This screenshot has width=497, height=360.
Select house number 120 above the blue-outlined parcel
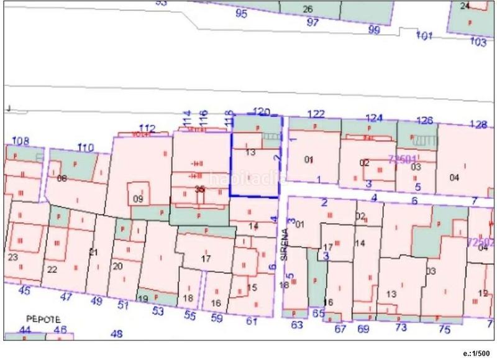263,112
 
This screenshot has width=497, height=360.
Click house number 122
317,114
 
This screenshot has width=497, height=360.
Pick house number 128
477,124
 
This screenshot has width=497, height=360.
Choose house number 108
21,141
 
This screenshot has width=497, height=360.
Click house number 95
242,13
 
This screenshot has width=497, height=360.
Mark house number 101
424,36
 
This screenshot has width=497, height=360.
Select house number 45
24,290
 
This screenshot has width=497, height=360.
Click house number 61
251,321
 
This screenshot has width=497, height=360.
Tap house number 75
444,329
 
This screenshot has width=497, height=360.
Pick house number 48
116,333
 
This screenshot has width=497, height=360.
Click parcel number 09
138,199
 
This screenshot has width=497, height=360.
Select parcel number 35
199,188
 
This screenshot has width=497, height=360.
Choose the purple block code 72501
402,159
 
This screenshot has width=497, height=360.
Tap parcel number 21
94,252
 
